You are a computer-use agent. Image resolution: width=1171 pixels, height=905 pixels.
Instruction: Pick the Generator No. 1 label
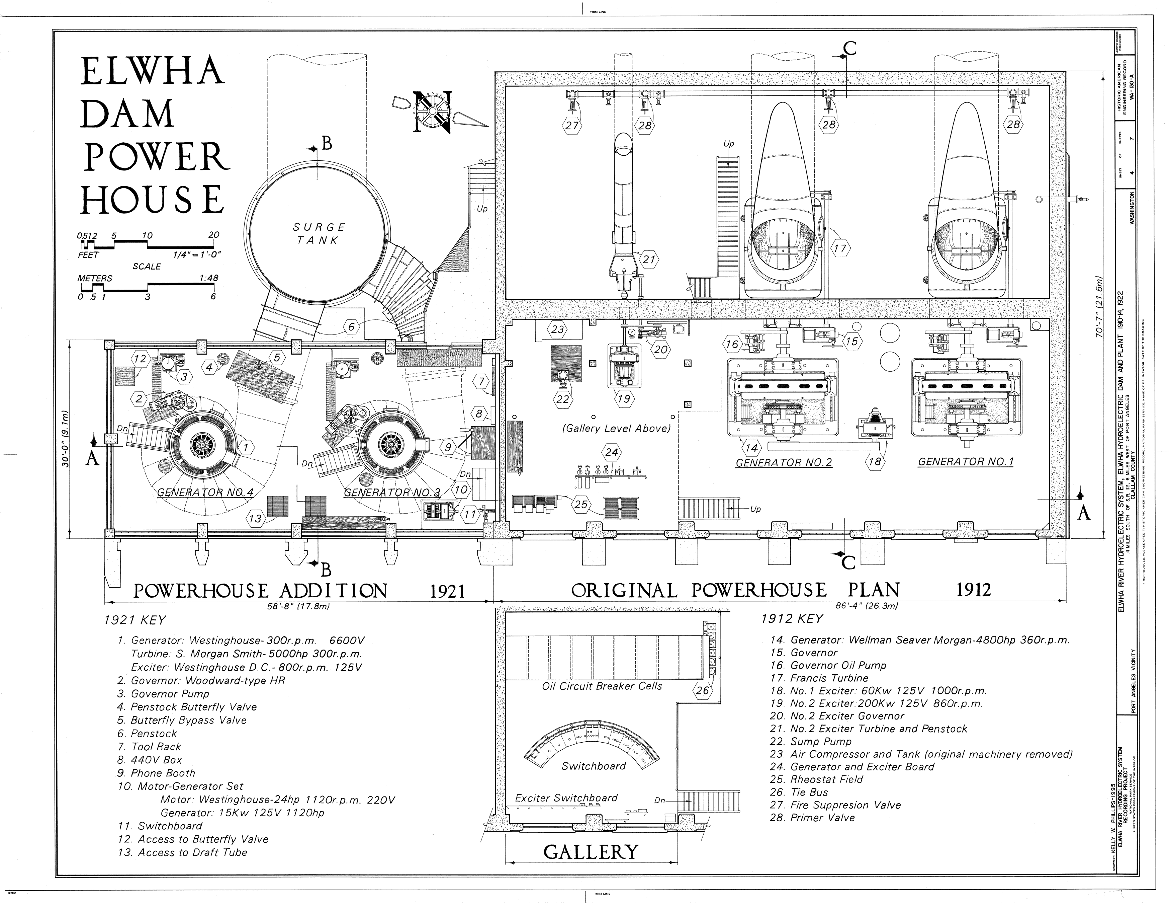pos(966,461)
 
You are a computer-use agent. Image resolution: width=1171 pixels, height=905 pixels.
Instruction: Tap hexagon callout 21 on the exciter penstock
pos(649,259)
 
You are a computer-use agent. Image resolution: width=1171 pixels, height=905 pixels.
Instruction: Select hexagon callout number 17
pos(840,248)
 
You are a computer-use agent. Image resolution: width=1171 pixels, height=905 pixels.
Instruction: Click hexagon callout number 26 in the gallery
pos(702,690)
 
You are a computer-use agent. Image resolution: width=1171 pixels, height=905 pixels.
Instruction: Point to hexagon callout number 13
pos(255,518)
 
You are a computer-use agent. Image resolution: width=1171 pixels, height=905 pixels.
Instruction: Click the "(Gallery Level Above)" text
pos(616,429)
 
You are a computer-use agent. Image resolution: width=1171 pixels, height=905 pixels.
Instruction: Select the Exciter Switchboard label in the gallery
pos(566,798)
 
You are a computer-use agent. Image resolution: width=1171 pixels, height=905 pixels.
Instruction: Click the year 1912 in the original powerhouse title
pos(974,590)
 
